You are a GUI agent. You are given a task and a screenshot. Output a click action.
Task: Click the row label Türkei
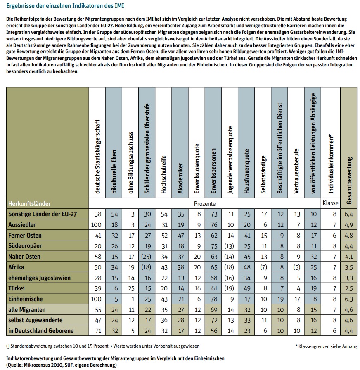(17, 288)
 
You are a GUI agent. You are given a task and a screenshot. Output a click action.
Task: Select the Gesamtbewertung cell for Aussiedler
(349, 225)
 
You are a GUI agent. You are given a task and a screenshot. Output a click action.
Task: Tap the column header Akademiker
(180, 178)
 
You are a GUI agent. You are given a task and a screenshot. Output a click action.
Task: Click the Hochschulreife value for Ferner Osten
(164, 236)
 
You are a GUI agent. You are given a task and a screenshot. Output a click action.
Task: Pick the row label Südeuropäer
(25, 246)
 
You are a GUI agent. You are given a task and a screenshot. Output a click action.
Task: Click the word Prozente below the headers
(205, 204)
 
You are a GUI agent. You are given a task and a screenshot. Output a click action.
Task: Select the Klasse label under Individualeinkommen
(330, 203)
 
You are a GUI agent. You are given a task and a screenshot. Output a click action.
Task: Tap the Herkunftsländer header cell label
(30, 204)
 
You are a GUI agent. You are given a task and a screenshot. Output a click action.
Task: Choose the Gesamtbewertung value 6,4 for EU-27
(349, 214)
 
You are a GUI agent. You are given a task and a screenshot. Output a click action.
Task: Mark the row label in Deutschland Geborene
(41, 330)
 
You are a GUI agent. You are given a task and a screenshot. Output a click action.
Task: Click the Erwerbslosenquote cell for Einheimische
(199, 299)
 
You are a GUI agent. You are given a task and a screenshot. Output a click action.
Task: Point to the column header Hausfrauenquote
(246, 171)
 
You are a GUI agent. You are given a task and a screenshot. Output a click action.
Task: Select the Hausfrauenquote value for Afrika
(247, 267)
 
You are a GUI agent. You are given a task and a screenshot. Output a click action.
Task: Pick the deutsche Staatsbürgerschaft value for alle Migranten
(98, 310)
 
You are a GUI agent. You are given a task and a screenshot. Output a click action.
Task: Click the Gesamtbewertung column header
(349, 181)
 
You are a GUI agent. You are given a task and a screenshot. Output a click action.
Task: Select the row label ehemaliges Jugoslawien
(40, 278)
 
